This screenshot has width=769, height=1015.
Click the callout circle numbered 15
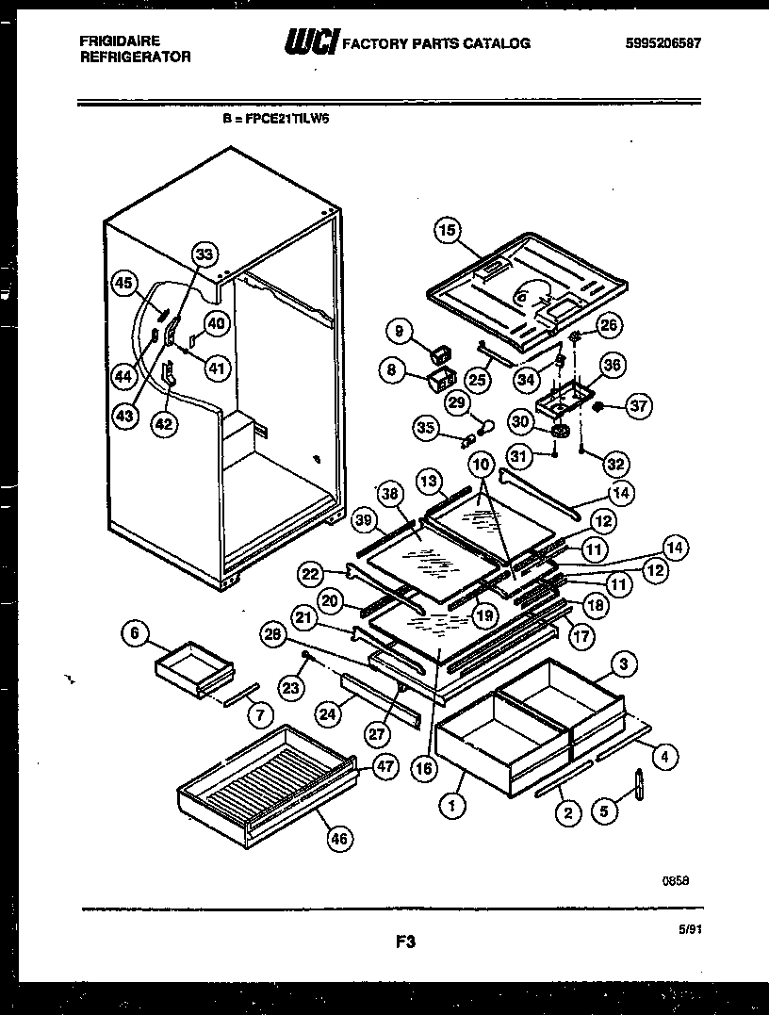click(447, 230)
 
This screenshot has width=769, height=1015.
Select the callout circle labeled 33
click(205, 254)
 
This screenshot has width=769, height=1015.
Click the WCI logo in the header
click(310, 42)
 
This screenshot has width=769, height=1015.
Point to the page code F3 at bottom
click(407, 941)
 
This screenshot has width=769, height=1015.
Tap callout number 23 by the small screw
click(292, 688)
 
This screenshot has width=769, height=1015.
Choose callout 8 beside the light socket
click(391, 370)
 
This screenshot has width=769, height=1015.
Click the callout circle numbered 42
click(165, 424)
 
